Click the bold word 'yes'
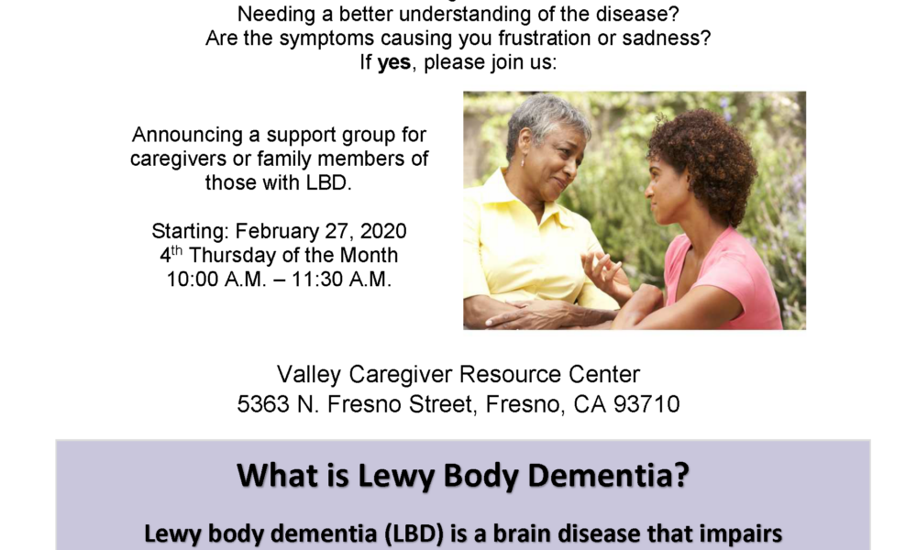[x=394, y=62]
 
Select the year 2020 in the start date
[x=383, y=231]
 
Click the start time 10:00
[x=193, y=280]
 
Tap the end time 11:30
[x=317, y=280]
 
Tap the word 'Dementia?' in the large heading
[x=608, y=475]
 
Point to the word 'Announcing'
[x=188, y=135]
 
